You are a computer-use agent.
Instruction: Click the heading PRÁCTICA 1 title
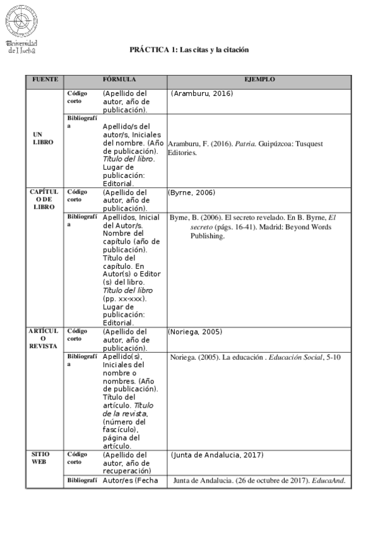pos(189,49)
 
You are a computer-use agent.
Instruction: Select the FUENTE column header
pos(45,80)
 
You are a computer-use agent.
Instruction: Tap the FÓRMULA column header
pos(119,80)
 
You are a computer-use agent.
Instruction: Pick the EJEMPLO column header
pos(259,80)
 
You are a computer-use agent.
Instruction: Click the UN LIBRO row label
pos(43,138)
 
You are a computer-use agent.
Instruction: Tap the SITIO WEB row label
pos(42,457)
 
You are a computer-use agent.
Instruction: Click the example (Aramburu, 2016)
pos(202,93)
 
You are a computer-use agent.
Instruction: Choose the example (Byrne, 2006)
pos(192,192)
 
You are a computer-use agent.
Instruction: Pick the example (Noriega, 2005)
pos(196,331)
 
